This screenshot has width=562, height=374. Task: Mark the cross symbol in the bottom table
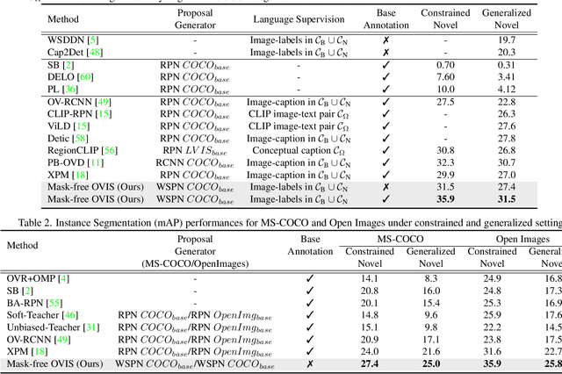point(309,364)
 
